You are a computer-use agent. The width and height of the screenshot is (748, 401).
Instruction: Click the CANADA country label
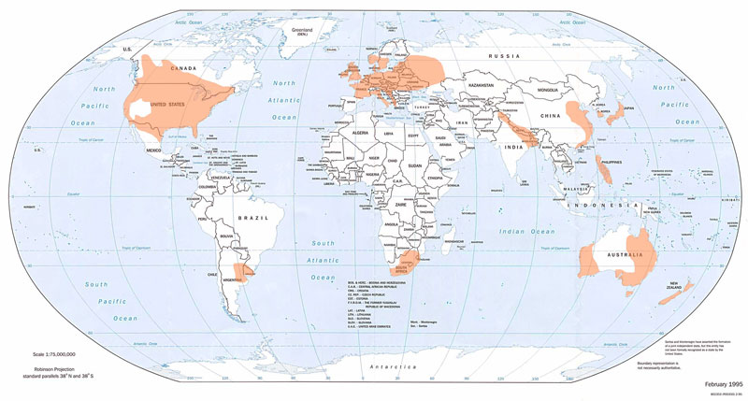coord(181,67)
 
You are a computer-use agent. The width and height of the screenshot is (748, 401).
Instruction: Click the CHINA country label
coord(549,115)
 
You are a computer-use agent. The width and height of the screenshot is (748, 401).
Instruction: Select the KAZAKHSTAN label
coord(481,84)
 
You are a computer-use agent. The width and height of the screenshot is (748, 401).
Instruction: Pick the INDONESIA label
coord(621,203)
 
